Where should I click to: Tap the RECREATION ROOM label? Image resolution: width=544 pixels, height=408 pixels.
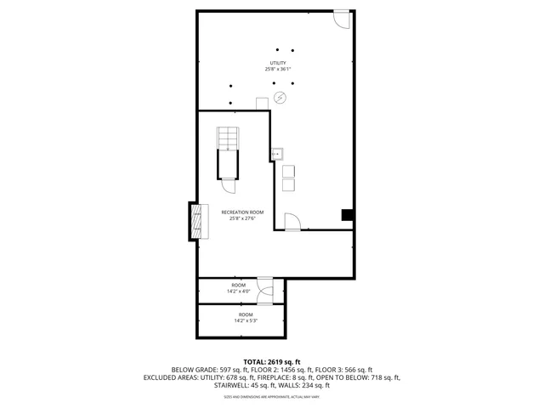(242, 212)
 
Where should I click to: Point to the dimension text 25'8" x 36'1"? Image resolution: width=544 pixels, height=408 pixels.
(279, 70)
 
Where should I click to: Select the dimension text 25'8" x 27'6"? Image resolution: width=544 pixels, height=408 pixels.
(242, 218)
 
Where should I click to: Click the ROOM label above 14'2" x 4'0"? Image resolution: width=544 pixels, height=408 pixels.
(238, 285)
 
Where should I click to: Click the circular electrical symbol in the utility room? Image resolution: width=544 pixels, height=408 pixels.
(280, 99)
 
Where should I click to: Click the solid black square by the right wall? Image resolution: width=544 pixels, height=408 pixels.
(347, 215)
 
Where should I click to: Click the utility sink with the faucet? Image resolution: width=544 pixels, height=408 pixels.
(278, 155)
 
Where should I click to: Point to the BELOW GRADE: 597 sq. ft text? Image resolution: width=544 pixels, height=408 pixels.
(203, 370)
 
